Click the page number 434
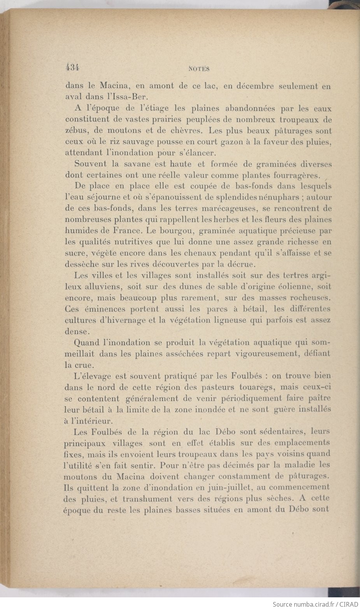click(x=72, y=67)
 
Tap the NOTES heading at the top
click(x=199, y=69)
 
